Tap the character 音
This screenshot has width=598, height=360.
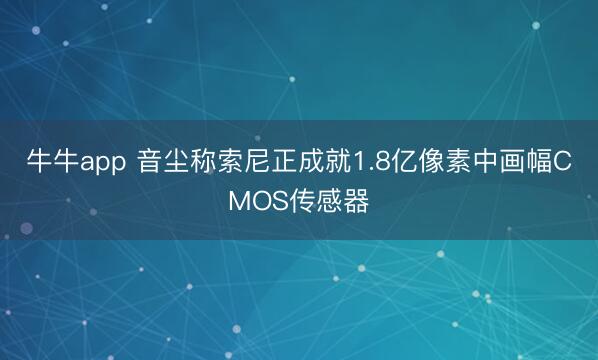(x=150, y=164)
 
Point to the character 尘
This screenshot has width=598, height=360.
(x=177, y=164)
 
